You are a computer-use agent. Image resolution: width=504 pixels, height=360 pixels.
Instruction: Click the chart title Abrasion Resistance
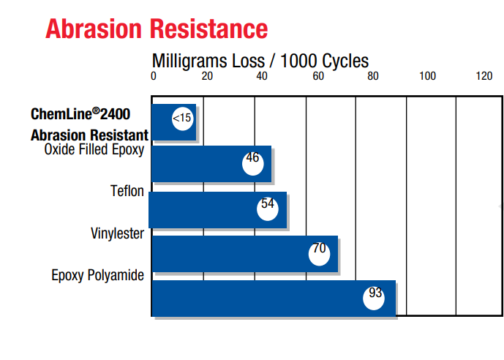click(156, 29)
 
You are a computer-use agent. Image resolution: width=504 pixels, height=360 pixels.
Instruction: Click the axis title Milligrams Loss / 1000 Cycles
click(260, 60)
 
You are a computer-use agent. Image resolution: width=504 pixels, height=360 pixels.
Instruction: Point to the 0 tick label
click(154, 75)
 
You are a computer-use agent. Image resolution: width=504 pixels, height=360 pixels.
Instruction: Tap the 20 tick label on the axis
click(208, 75)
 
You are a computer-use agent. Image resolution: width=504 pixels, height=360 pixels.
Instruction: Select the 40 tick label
click(263, 75)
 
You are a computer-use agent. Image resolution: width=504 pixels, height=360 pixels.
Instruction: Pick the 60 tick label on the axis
click(317, 75)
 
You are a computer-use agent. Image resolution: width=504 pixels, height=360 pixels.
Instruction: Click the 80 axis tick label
click(372, 75)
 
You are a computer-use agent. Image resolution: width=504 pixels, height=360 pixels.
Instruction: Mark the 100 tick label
click(427, 75)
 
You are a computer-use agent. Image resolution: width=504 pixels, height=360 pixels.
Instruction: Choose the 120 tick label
click(484, 75)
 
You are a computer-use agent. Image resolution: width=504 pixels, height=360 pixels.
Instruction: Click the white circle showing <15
click(182, 118)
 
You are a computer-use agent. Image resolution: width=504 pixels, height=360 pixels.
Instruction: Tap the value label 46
click(252, 160)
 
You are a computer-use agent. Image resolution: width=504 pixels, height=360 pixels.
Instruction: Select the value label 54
click(268, 206)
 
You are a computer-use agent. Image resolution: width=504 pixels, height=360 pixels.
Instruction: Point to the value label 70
click(319, 250)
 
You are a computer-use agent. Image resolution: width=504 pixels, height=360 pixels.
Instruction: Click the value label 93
click(375, 295)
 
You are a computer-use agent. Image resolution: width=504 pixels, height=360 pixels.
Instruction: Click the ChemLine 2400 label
click(90, 115)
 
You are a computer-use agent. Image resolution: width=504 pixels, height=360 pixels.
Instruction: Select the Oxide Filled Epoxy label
click(94, 150)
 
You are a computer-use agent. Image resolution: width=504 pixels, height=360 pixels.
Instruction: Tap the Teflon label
click(127, 192)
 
